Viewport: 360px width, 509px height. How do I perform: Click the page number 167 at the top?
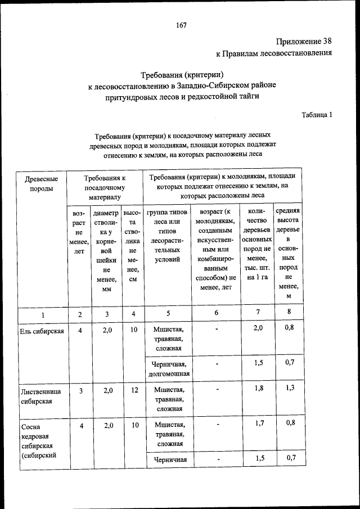(x=180, y=25)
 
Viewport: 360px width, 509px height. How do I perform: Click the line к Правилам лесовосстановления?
(x=274, y=54)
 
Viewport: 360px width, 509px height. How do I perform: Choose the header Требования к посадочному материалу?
(x=105, y=188)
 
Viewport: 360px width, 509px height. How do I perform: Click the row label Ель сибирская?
(x=42, y=331)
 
